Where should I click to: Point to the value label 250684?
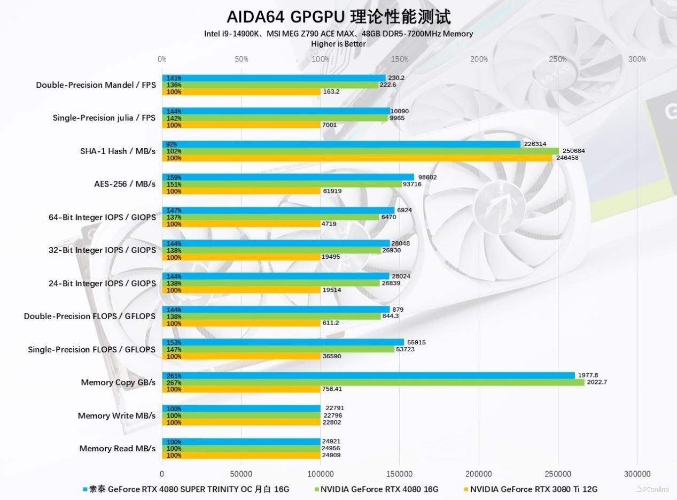[574, 151]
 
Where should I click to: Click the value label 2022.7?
[596, 382]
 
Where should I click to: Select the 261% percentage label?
[174, 375]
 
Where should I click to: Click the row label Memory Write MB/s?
[116, 416]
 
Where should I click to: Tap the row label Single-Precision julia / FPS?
[104, 118]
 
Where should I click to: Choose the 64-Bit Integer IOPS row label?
[102, 217]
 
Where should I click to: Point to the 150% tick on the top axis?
[400, 59]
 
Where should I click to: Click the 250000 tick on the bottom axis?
[558, 474]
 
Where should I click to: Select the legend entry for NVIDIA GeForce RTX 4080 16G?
[379, 489]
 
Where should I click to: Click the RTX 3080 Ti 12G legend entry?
[533, 489]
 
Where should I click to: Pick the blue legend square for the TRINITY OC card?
[85, 489]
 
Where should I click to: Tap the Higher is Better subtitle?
[338, 44]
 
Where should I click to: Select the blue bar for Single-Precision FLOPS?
[283, 342]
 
